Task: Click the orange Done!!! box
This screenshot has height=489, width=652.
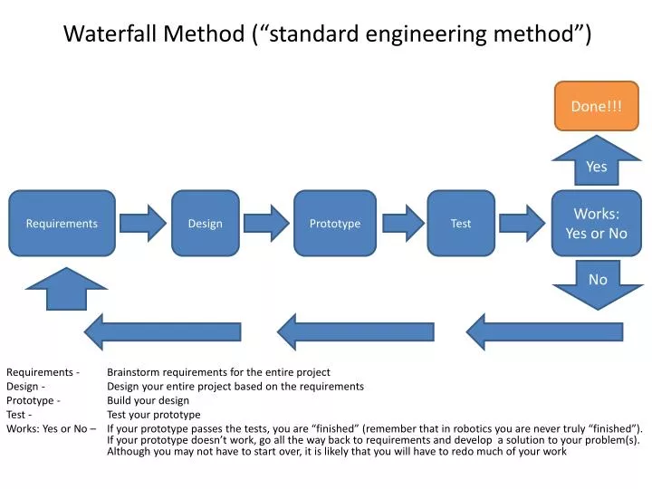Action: coord(596,106)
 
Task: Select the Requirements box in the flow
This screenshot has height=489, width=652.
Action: coord(62,223)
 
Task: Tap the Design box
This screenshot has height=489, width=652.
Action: coord(205,223)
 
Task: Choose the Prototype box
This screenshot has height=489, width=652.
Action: coord(335,223)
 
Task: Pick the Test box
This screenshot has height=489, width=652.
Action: coord(461,223)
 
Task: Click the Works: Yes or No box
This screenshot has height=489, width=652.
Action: coord(596,223)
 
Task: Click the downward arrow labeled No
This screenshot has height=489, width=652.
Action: coord(597,283)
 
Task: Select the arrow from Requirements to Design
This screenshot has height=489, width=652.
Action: coord(143,223)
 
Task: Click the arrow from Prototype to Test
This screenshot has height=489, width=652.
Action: coord(402,223)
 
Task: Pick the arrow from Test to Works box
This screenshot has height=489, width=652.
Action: coord(523,223)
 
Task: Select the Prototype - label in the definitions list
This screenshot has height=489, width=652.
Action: coord(34,400)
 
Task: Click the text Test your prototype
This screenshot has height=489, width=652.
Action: coord(154,415)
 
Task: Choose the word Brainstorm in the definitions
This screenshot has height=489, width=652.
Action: coord(133,371)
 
